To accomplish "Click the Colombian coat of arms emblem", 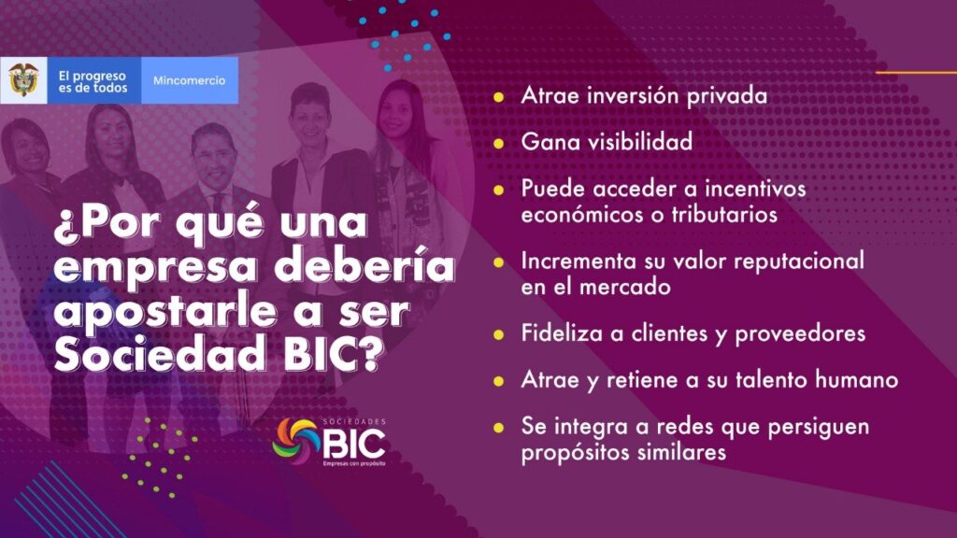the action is (23, 80).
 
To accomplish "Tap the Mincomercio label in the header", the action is (189, 80).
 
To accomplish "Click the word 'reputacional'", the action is (799, 262).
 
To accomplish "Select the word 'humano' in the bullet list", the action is (857, 380).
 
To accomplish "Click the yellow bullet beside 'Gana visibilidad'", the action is (499, 143).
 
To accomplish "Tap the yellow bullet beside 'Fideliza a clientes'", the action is (499, 334).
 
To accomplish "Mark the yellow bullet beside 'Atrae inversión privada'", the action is (499, 97).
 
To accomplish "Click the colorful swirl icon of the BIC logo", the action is (296, 440).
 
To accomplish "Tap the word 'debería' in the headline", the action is (364, 266).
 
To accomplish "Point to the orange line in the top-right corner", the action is (916, 73).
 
